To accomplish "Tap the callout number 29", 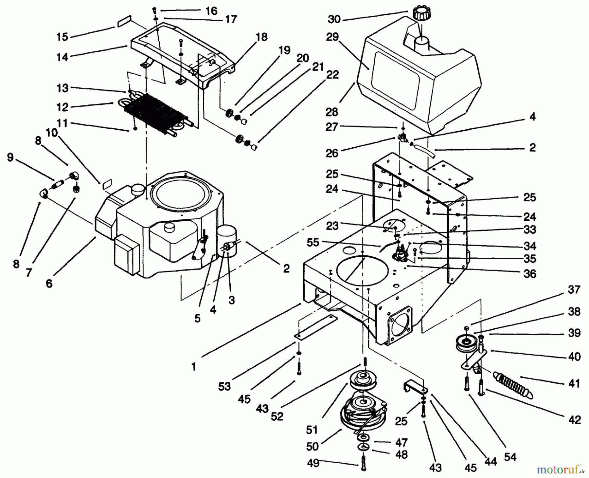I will [x=332, y=37].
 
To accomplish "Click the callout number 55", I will [x=313, y=243].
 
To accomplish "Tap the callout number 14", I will [x=62, y=57].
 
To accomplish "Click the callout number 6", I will [x=49, y=283].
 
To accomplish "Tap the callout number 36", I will [x=529, y=273].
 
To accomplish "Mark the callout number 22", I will [x=332, y=75].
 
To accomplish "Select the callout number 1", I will [x=194, y=367].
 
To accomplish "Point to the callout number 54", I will [x=509, y=457].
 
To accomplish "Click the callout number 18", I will [x=262, y=37].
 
